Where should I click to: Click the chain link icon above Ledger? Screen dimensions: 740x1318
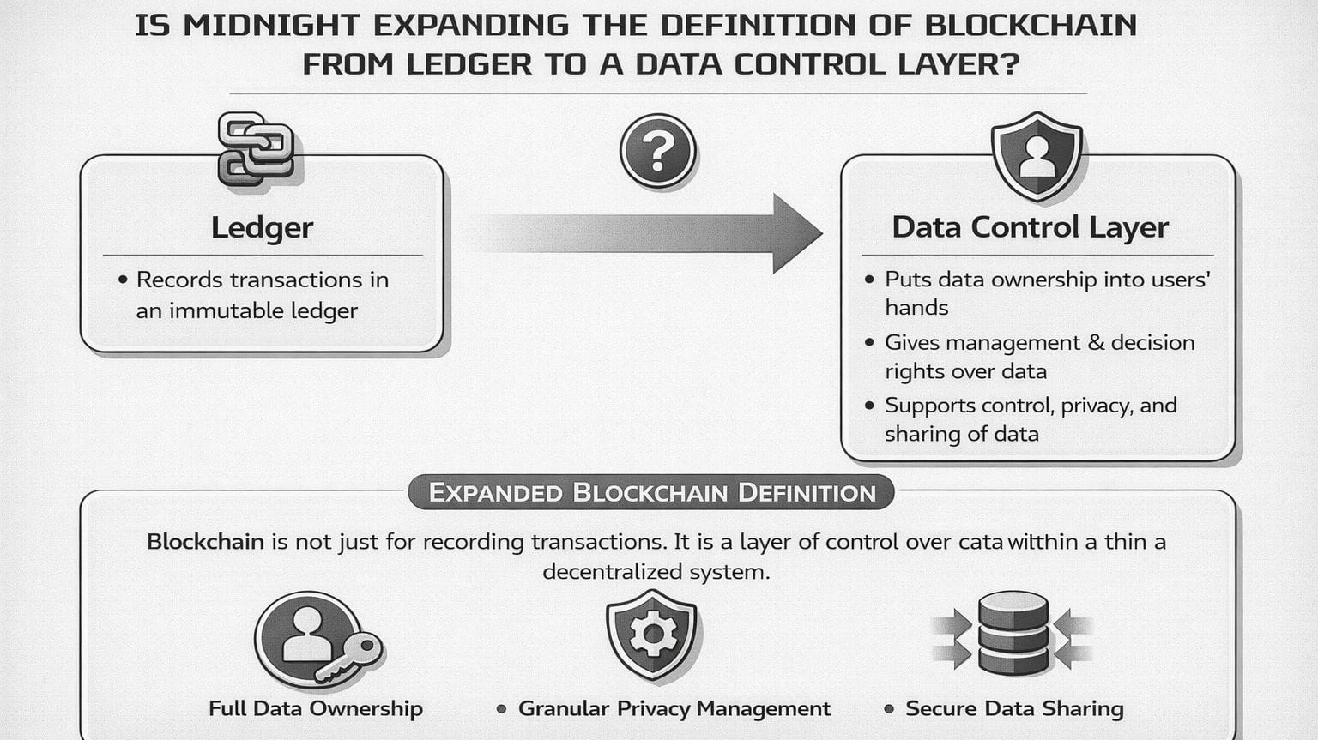[256, 149]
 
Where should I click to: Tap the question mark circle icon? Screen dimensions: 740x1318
[657, 152]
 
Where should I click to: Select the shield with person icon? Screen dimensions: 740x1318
[1037, 156]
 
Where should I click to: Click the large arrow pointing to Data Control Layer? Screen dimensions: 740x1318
[652, 232]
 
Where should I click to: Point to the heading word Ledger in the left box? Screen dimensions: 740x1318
[262, 227]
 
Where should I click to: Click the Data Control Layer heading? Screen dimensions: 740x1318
[1030, 227]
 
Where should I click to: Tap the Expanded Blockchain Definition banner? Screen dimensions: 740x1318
[651, 493]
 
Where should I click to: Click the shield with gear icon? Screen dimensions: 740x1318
[652, 635]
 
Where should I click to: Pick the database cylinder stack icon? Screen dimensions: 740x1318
[1013, 633]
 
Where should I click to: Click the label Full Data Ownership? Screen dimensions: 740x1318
[316, 708]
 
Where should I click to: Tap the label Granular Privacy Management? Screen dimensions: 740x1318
[674, 708]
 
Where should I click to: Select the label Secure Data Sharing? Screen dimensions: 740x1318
[1014, 708]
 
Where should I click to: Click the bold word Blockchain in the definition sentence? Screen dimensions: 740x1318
[205, 542]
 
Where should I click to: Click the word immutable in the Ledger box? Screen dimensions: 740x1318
[218, 310]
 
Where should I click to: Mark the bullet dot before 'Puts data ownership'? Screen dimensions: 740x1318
[870, 280]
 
